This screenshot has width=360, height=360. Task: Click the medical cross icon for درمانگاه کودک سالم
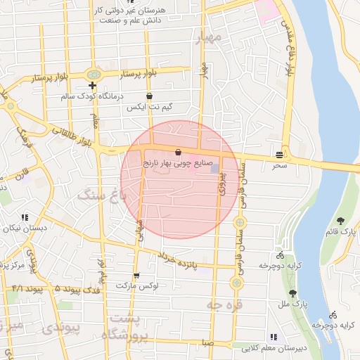[x=92, y=85]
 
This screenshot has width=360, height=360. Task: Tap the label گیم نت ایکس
[x=149, y=108]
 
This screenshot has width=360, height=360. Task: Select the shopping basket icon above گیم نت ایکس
[x=149, y=96]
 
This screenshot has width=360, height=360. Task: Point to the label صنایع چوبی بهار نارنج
[x=177, y=163]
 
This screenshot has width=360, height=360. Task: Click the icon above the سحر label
[x=281, y=154]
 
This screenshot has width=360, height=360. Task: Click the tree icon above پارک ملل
[x=293, y=293]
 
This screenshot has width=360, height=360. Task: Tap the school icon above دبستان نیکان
[x=25, y=217]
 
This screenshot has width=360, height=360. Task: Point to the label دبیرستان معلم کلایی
[x=274, y=348]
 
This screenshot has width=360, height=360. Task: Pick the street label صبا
[x=205, y=342]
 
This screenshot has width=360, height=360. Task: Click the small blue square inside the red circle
[x=214, y=169]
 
